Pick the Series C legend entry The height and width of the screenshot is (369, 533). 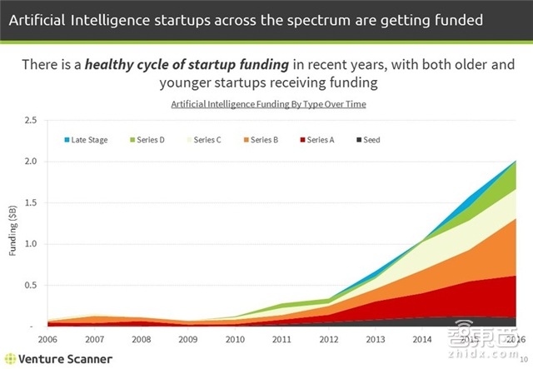pos(207,139)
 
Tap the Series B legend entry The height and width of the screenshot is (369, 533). pos(264,139)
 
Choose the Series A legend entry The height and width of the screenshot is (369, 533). pos(319,139)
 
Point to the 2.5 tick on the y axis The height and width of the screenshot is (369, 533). pos(32,120)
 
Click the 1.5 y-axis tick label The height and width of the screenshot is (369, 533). pos(32,202)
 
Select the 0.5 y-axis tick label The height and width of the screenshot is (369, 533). pos(32,285)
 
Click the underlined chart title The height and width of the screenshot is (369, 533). pos(268,104)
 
